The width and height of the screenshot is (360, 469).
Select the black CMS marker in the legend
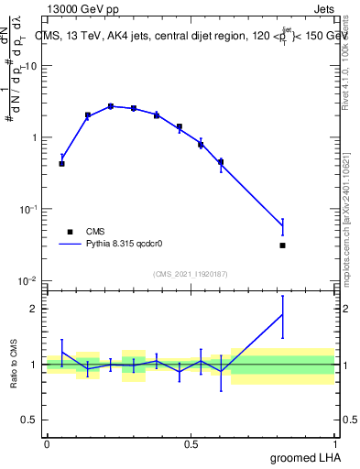click(69, 232)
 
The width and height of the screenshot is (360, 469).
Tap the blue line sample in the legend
click(70, 245)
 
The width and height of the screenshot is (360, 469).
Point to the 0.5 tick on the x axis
click(191, 444)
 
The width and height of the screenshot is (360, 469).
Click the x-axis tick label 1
click(334, 444)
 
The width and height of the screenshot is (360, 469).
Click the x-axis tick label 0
click(47, 444)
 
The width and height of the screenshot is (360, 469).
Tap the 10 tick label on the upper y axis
click(33, 66)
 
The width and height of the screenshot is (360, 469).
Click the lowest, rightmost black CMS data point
click(282, 245)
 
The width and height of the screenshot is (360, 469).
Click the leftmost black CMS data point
click(61, 164)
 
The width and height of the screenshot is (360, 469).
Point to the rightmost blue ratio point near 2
click(282, 314)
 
